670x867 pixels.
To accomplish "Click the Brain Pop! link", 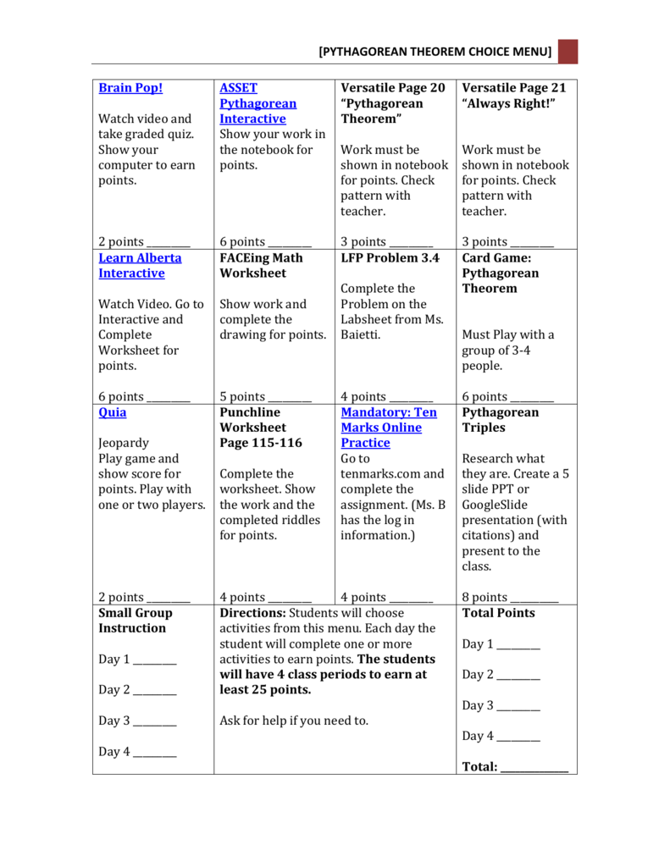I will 130,88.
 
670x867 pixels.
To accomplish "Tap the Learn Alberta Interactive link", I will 140,266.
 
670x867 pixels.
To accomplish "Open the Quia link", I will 112,412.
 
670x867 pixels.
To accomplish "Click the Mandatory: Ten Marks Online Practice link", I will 388,428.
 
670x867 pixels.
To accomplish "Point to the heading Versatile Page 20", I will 392,88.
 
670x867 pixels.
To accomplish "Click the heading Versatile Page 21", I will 513,88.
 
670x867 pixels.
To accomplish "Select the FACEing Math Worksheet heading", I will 261,266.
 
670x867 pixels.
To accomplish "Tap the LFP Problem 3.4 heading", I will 390,258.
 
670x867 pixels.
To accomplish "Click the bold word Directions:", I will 252,613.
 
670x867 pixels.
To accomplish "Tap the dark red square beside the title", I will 568,52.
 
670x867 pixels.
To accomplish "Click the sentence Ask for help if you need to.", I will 294,721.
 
